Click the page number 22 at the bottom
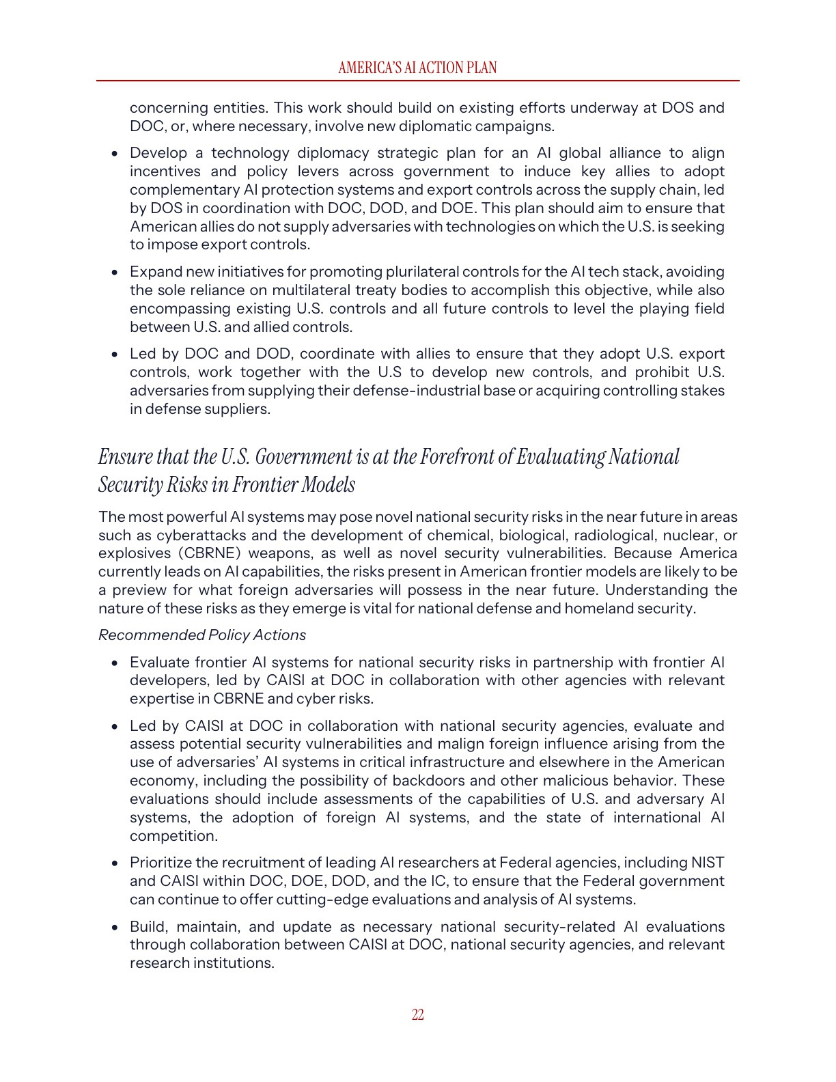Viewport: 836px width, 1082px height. [418, 1015]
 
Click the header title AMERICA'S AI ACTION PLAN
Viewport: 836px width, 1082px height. [417, 68]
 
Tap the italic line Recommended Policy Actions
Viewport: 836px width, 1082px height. [202, 635]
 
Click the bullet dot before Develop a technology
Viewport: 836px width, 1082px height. [115, 154]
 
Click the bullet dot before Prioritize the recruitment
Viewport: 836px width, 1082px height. [115, 864]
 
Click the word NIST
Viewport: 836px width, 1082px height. [708, 863]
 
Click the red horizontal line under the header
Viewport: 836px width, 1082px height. [417, 81]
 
